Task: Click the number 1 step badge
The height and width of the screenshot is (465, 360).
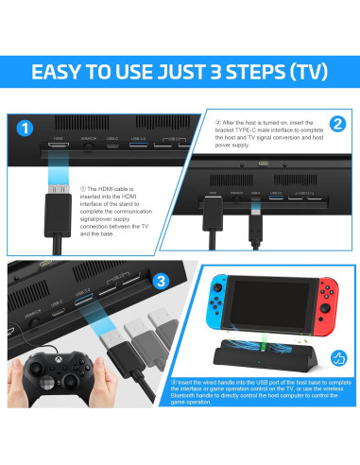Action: pos(26,127)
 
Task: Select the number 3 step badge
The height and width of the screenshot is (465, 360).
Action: pos(161,279)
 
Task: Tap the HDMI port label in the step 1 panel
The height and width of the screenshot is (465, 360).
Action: pos(58,139)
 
